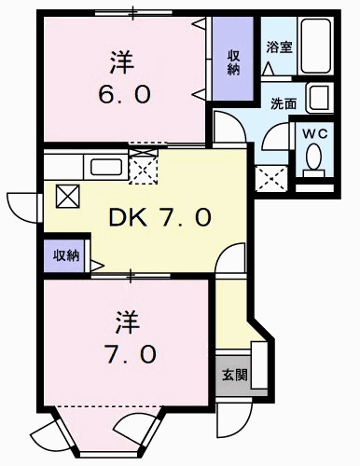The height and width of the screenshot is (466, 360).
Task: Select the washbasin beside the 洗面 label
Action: (319, 97)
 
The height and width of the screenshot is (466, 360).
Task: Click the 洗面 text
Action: (284, 103)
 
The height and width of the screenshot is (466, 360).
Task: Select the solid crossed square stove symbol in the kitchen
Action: (68, 196)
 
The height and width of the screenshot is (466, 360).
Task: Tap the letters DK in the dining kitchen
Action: (126, 220)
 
